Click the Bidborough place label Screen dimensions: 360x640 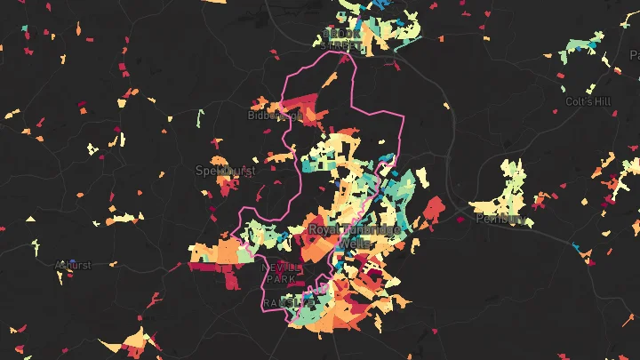[275, 116]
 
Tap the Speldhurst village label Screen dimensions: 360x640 [225, 170]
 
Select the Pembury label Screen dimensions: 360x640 [496, 219]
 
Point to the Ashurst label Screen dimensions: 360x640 [73, 265]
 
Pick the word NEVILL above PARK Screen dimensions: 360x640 [282, 267]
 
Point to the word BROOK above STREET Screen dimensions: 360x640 [342, 34]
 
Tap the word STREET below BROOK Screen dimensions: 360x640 [342, 44]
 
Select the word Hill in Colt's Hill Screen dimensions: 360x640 [604, 101]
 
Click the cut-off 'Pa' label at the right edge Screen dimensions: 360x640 [634, 54]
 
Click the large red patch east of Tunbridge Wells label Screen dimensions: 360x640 [433, 210]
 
